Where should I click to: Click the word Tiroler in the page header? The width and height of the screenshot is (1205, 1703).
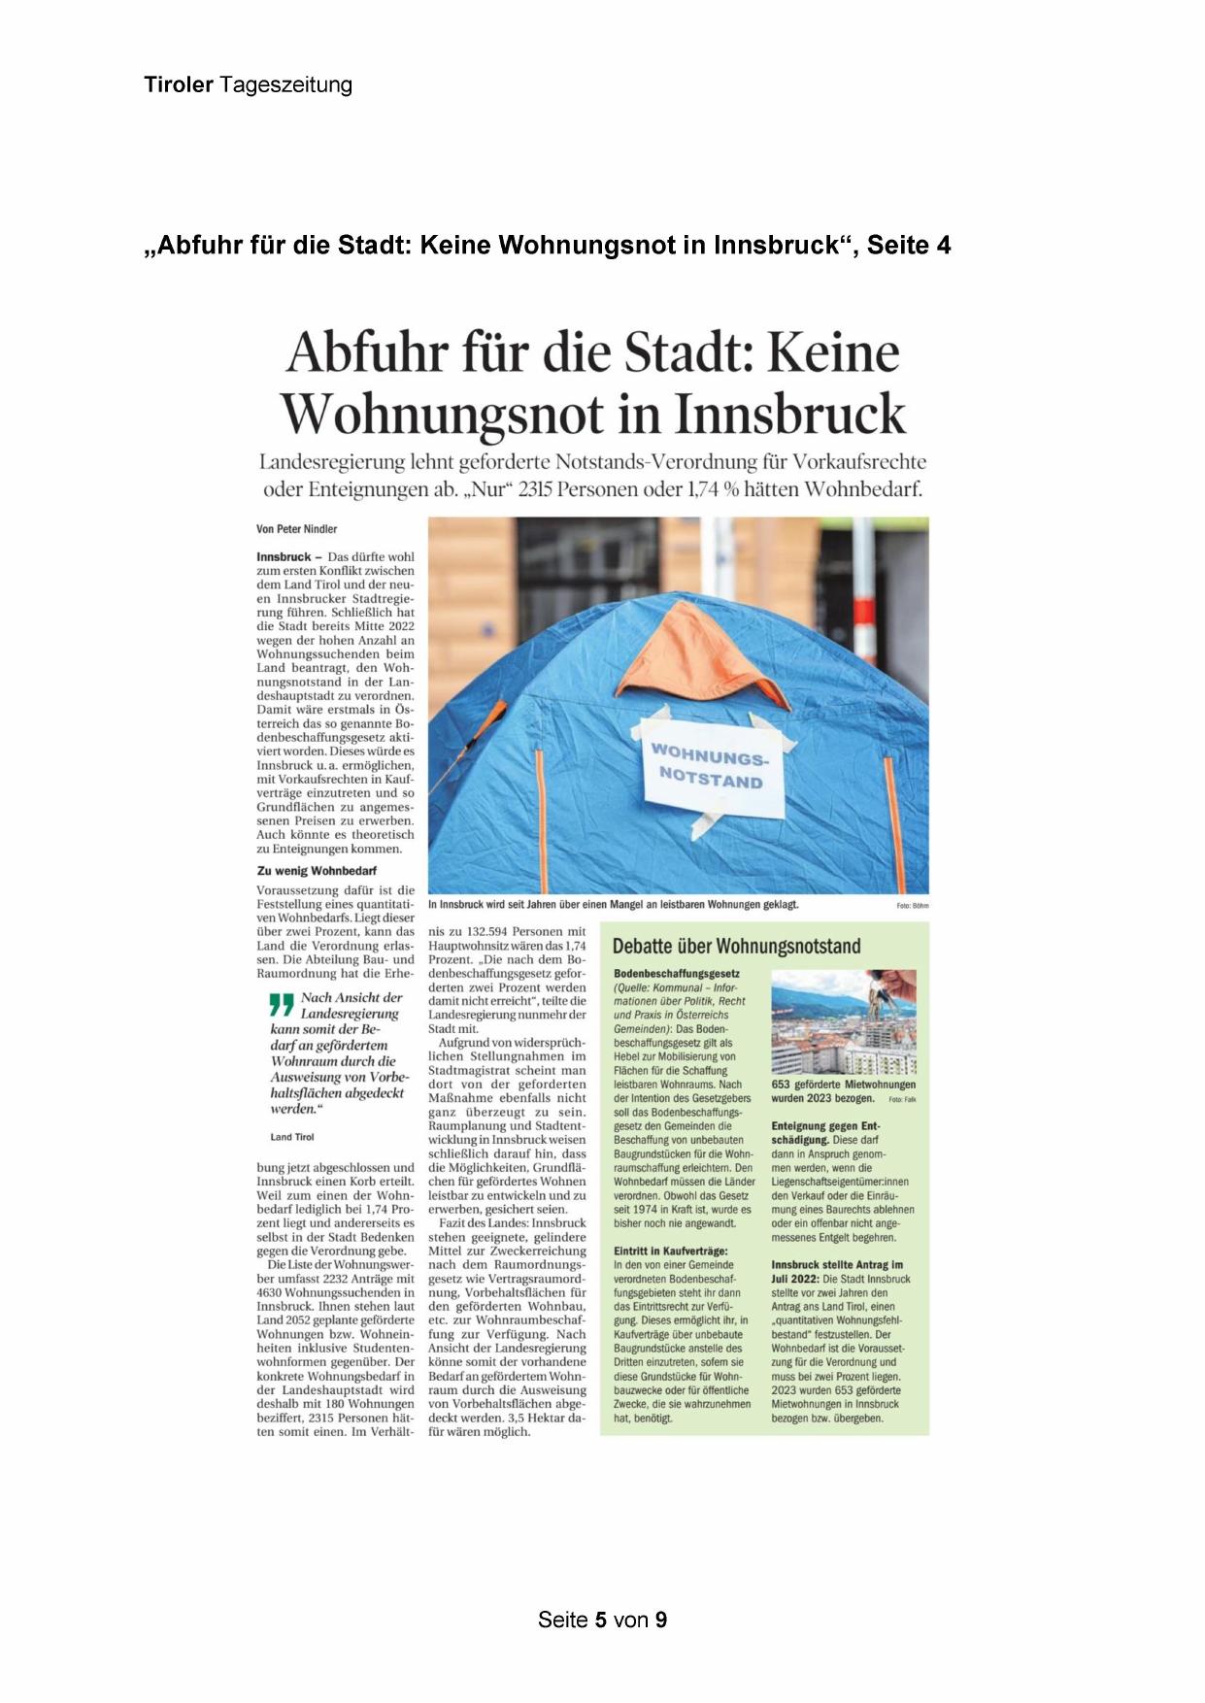coord(179,85)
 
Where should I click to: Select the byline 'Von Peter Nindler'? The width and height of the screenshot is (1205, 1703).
coord(297,529)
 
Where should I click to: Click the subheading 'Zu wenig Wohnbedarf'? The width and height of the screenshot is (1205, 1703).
coord(317,871)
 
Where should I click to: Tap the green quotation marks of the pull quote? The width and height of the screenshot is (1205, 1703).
coord(281,1004)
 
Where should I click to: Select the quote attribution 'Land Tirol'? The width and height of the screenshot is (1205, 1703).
coord(292,1137)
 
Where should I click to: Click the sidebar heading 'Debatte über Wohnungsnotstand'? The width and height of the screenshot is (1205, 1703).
coord(736,947)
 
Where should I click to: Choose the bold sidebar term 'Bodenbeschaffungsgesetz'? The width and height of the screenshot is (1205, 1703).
coord(677,974)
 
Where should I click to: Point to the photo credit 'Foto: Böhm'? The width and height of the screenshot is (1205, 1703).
coord(912,906)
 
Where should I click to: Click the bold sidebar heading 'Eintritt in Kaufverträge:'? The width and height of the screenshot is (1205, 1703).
coord(671,1252)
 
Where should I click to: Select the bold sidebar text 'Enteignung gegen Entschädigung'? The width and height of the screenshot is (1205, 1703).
coord(827,1133)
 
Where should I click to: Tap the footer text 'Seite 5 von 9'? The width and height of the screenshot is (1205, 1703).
coord(602,1620)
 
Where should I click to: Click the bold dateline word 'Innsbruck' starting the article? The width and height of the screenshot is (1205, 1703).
coord(284,557)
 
